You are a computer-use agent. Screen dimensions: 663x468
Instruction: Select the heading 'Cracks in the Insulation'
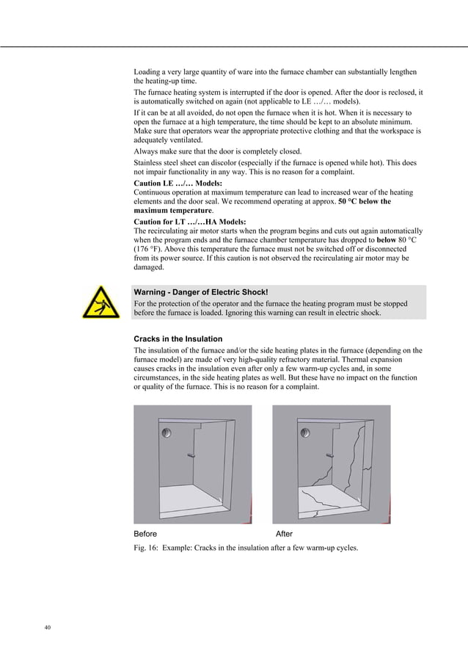tap(178, 338)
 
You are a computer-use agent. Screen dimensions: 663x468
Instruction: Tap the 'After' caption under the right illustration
tap(284, 534)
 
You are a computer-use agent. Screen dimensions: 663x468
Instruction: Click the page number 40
tap(48, 627)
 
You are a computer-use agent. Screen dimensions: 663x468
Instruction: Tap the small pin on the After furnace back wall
tap(329, 456)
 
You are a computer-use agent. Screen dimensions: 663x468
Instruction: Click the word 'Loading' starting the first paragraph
tap(147, 72)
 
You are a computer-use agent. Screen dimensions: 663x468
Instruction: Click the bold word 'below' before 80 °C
tap(386, 240)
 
